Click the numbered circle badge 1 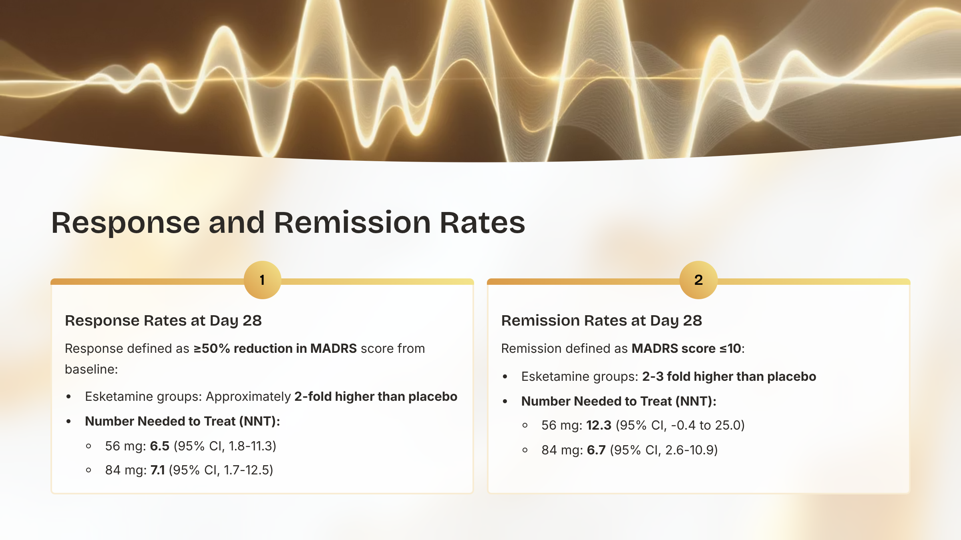(x=262, y=280)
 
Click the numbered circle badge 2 (x=698, y=280)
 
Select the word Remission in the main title (x=352, y=222)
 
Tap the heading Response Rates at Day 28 (x=163, y=320)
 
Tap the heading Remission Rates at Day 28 (x=601, y=320)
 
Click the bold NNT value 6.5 (x=160, y=446)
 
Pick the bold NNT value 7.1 (x=158, y=470)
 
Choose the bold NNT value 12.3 (x=599, y=425)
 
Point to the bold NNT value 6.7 (x=596, y=450)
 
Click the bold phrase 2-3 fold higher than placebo (x=729, y=376)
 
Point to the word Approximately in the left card (x=248, y=396)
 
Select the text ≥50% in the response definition (x=212, y=348)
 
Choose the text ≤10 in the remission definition (x=730, y=348)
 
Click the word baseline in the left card (x=90, y=369)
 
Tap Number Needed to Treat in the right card (x=597, y=401)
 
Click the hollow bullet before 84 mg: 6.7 (x=525, y=450)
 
